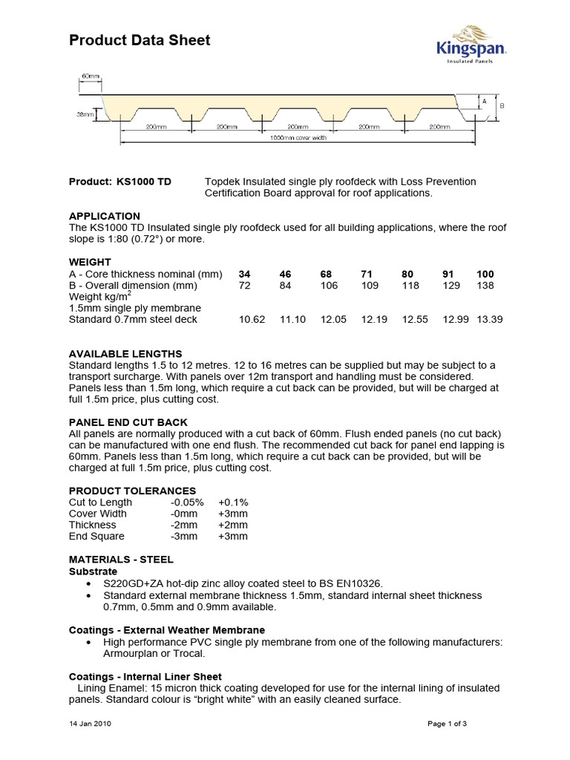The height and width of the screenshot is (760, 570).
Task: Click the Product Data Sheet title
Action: (x=140, y=41)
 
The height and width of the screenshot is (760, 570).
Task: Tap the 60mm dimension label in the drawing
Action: (x=91, y=76)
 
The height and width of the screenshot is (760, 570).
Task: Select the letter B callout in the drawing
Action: (x=501, y=106)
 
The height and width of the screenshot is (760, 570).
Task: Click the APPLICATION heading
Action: (x=104, y=216)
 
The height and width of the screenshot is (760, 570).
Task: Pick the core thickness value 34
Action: (x=245, y=274)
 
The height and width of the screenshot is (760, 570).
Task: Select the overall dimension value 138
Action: (x=485, y=285)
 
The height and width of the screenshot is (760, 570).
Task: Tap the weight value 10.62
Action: (x=252, y=319)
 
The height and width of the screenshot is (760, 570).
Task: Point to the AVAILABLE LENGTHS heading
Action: (x=125, y=354)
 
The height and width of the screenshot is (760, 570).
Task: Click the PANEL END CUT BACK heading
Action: (x=128, y=422)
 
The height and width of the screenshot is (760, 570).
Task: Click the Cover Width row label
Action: (x=98, y=514)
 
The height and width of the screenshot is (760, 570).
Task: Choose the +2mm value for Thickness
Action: (x=232, y=525)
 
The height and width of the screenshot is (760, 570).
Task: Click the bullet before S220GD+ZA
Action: (x=90, y=584)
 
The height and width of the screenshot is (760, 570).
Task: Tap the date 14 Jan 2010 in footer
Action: (x=91, y=723)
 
